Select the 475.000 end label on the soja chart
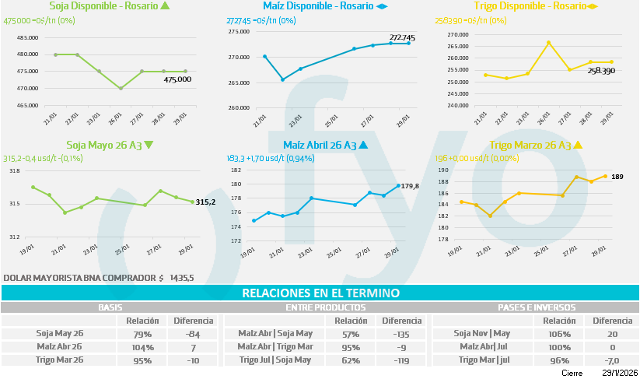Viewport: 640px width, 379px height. coord(178,79)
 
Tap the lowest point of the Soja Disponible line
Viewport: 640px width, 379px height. coord(121,88)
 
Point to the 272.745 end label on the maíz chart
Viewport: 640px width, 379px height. coord(402,37)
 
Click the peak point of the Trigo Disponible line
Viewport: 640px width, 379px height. coord(549,42)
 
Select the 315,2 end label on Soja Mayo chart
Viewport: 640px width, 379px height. coord(205,202)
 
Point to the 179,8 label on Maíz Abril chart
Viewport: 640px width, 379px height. coord(409,185)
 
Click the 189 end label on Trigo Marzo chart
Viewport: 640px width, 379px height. coord(617,177)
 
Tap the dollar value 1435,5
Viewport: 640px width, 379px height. coord(182,277)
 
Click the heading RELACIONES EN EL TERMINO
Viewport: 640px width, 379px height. coord(320,293)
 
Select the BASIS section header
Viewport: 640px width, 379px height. coord(110,307)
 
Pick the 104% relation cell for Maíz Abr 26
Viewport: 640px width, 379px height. coord(142,346)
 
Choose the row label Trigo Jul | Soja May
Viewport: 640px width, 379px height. coord(275,360)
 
